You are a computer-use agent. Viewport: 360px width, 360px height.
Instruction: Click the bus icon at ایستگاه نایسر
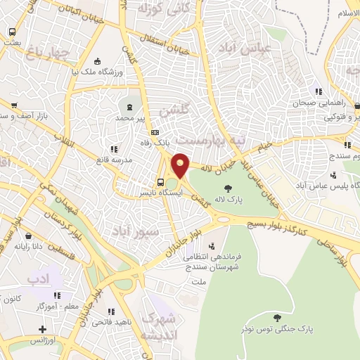[160, 181]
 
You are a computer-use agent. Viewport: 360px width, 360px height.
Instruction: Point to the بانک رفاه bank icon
[155, 131]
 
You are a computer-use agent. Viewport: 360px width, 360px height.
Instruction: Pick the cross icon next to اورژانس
[42, 329]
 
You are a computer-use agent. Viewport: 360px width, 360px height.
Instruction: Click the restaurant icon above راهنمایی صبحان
[319, 91]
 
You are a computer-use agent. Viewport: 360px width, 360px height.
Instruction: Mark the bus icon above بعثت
[12, 32]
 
